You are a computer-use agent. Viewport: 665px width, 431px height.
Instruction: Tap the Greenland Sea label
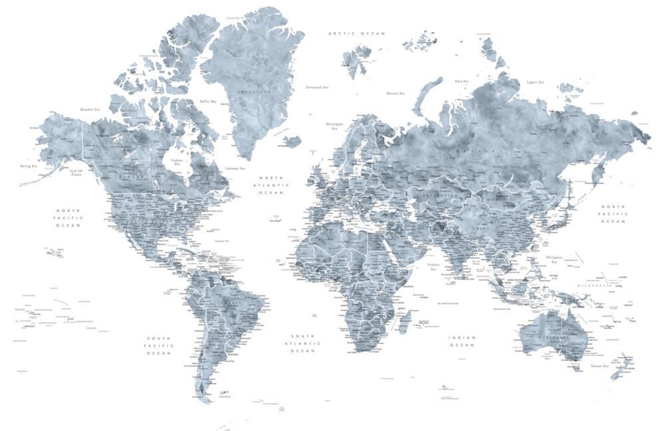pyautogui.click(x=317, y=87)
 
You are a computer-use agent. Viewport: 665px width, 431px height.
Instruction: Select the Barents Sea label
pyautogui.click(x=396, y=94)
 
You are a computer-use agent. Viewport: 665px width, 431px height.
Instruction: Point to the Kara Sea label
pyautogui.click(x=462, y=81)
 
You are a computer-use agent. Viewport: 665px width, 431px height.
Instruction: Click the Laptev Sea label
pyautogui.click(x=535, y=82)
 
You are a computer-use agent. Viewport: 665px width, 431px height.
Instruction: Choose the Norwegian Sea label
pyautogui.click(x=334, y=126)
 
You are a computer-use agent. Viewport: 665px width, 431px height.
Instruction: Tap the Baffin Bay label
pyautogui.click(x=208, y=102)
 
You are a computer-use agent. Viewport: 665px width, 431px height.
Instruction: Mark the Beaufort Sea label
pyautogui.click(x=90, y=110)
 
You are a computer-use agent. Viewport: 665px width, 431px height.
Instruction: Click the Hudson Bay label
pyautogui.click(x=176, y=161)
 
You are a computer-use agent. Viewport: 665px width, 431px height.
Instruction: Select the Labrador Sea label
pyautogui.click(x=235, y=169)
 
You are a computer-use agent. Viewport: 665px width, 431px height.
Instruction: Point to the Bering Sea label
pyautogui.click(x=29, y=167)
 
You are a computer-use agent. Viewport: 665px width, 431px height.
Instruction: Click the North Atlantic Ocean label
pyautogui.click(x=271, y=185)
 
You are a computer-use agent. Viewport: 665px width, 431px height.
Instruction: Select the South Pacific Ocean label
pyautogui.click(x=160, y=345)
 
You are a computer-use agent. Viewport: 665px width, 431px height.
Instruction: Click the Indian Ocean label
pyautogui.click(x=462, y=341)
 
